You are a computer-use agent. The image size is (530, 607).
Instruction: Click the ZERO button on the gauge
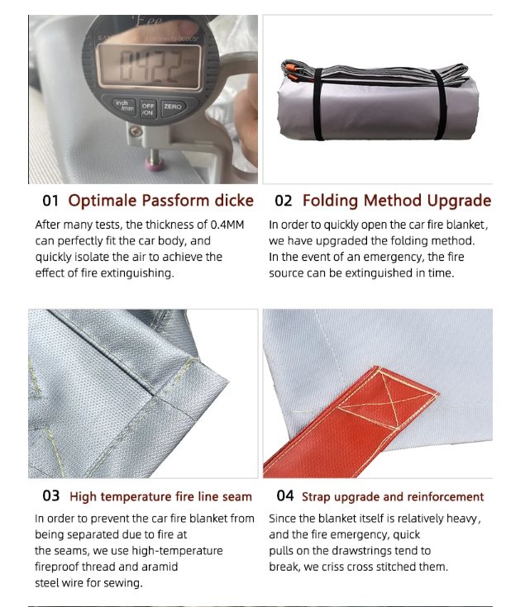(x=173, y=107)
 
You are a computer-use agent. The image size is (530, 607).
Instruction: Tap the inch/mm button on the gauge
(x=124, y=106)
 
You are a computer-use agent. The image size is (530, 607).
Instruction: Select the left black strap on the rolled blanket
(x=318, y=104)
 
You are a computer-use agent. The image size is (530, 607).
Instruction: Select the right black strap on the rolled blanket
(x=440, y=104)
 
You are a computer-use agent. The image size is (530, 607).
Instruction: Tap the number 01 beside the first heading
(x=50, y=201)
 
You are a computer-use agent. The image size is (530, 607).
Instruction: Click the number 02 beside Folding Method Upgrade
(x=283, y=201)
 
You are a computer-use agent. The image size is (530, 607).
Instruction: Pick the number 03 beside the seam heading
(x=50, y=496)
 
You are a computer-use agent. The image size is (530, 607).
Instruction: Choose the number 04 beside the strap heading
(x=285, y=496)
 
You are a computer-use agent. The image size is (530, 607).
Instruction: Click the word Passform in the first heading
(x=175, y=201)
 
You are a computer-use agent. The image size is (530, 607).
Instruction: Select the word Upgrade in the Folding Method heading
(x=459, y=202)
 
